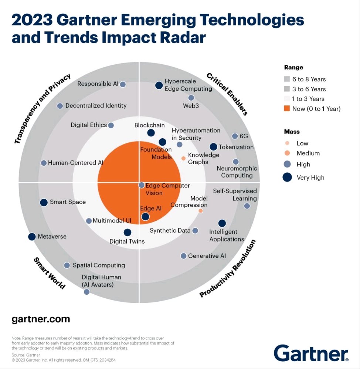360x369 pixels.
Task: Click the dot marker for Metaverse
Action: (x=32, y=237)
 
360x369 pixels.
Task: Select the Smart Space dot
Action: (x=44, y=202)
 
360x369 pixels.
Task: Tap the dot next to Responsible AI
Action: (x=123, y=84)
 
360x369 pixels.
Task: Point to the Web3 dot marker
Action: (x=191, y=98)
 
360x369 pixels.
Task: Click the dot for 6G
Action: (x=235, y=136)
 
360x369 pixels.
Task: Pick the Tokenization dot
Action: (x=213, y=147)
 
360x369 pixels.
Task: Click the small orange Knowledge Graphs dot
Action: (x=184, y=158)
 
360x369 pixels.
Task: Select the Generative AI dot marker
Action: (x=184, y=256)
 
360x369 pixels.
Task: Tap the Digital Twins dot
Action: (x=128, y=233)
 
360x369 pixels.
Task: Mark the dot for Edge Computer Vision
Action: (x=142, y=185)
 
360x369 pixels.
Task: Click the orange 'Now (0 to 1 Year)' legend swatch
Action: (x=287, y=108)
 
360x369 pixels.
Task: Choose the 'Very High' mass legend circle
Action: (x=287, y=177)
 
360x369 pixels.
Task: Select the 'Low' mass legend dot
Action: (x=287, y=143)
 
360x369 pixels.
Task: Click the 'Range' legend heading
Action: (x=293, y=67)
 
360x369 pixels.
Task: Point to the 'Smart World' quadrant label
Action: (x=50, y=273)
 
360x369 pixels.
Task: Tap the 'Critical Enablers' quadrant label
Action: (x=227, y=94)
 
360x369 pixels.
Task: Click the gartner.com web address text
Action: (x=41, y=319)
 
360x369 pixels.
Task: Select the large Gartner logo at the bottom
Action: (x=311, y=353)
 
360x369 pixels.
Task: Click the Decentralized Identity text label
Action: (x=96, y=106)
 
